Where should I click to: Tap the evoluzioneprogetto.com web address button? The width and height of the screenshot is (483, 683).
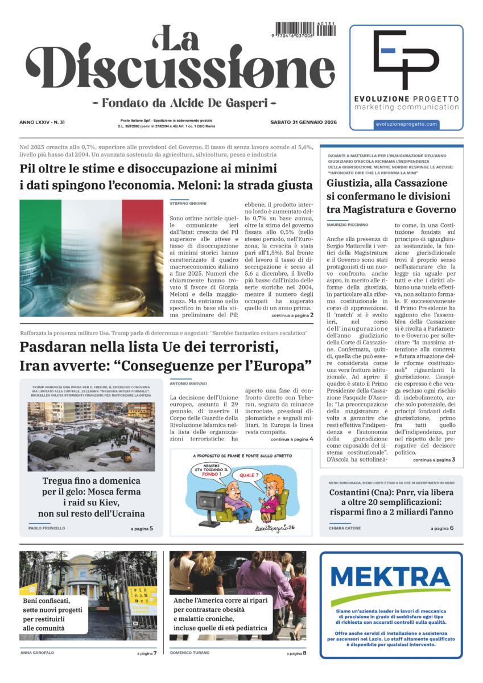pyautogui.click(x=406, y=124)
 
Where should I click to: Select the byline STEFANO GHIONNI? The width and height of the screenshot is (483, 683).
pyautogui.click(x=188, y=203)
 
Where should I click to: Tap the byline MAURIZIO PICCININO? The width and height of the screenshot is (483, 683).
pyautogui.click(x=348, y=225)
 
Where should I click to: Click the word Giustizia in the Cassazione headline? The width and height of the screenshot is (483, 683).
pyautogui.click(x=352, y=183)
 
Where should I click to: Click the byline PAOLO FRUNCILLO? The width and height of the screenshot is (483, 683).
pyautogui.click(x=47, y=528)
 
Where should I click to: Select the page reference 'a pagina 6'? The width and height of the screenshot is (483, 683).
pyautogui.click(x=442, y=528)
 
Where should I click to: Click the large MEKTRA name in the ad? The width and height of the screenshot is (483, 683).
pyautogui.click(x=390, y=578)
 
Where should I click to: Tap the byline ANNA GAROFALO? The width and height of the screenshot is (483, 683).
pyautogui.click(x=38, y=653)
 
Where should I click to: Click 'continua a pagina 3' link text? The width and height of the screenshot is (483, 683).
pyautogui.click(x=434, y=459)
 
